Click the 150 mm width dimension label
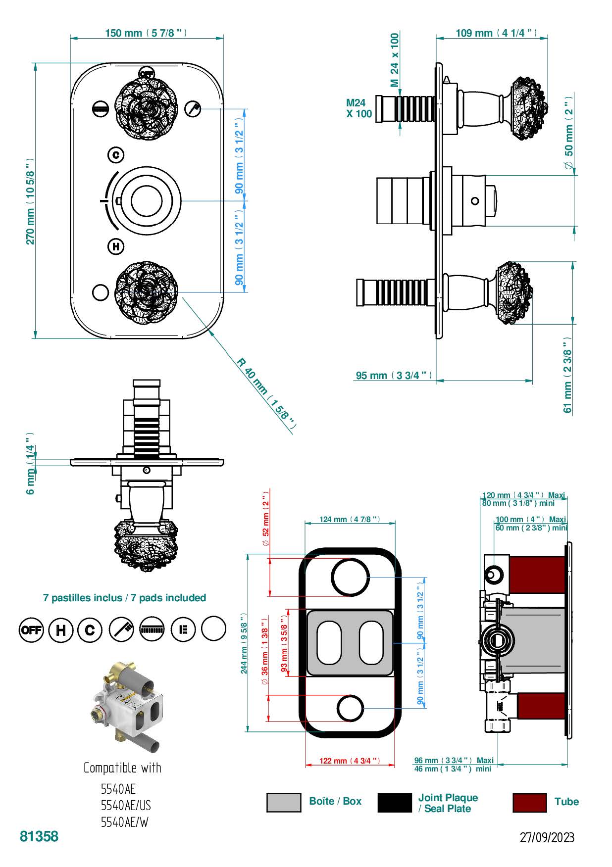pos(146,33)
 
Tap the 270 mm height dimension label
pos(30,200)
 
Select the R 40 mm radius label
pos(266,392)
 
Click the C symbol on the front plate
pos(116,155)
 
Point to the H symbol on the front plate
pos(116,246)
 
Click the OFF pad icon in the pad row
pos(31,630)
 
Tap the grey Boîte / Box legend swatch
pos(283,802)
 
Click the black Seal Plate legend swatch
pos(394,802)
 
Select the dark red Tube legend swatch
pos(529,802)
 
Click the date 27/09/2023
pos(547,837)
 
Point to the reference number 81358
pos(39,836)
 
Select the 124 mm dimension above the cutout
pos(350,520)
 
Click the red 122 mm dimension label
pos(350,761)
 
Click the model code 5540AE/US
pos(126,805)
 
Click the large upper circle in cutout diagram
pos(350,577)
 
